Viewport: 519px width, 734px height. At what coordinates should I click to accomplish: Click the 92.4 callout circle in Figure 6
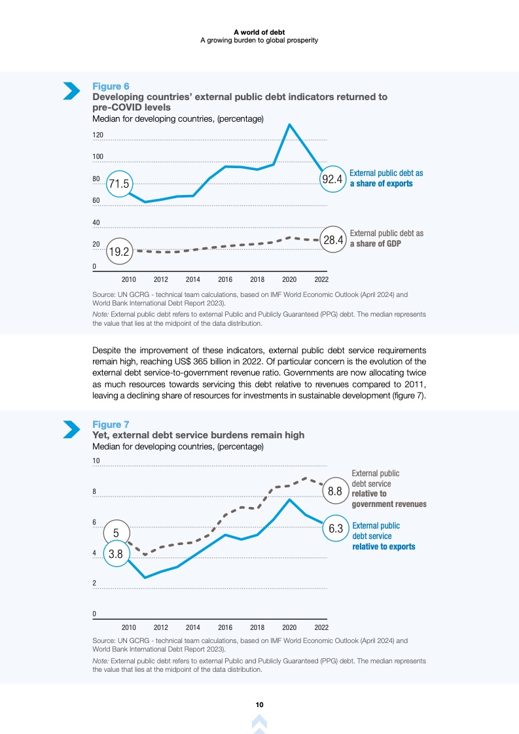pos(332,179)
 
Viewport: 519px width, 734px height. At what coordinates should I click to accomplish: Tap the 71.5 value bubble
pos(119,184)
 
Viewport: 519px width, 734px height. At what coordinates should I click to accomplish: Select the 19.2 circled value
pos(119,251)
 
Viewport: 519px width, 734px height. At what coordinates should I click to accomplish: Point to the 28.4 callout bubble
pos(333,240)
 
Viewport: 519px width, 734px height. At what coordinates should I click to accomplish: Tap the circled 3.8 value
pos(116,553)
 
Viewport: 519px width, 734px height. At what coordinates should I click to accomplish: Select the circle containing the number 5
pos(116,533)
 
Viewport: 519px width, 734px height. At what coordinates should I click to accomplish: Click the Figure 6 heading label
pos(111,86)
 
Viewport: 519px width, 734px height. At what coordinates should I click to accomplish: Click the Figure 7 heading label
pos(111,425)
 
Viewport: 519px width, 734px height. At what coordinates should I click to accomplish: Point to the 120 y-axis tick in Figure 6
pos(98,135)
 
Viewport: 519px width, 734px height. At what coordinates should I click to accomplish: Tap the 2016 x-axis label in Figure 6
pos(224,279)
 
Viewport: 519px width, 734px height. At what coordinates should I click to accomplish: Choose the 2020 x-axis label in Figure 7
pos(289,627)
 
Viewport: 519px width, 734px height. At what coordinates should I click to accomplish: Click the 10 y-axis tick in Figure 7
pos(96,461)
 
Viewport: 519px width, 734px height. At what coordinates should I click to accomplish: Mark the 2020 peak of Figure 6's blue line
pos(289,124)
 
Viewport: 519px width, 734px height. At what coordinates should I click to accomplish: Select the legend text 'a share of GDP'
pos(375,243)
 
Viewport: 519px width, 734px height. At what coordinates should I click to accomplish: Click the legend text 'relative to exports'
pos(384,546)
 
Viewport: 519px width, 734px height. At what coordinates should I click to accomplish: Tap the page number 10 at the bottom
pos(259,705)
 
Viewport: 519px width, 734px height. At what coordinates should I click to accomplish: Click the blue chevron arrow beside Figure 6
pos(71,92)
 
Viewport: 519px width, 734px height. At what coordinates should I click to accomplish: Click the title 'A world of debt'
pos(259,31)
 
